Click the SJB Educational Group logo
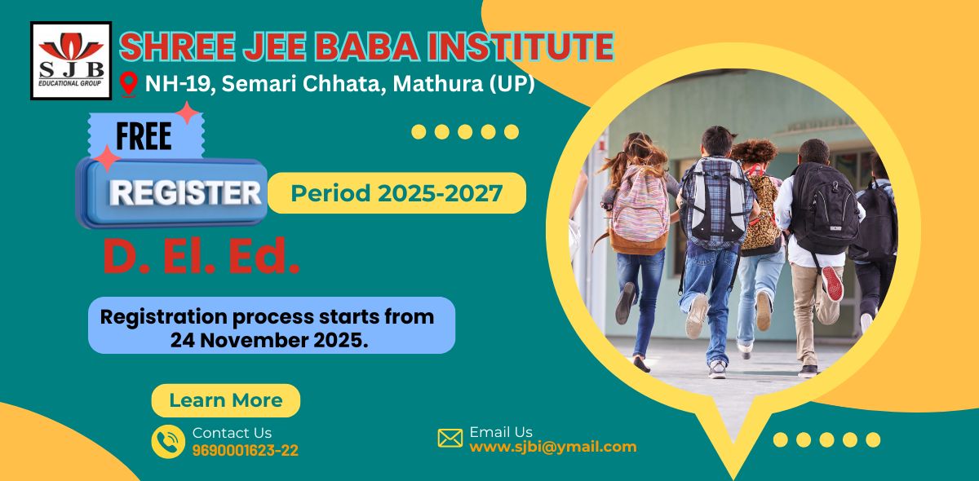tap(71, 60)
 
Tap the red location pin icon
tap(129, 84)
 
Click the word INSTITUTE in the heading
tap(521, 46)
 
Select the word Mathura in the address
tap(437, 83)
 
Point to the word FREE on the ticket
tap(144, 136)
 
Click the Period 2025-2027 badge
tap(396, 193)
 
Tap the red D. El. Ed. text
tap(202, 256)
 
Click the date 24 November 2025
tap(268, 340)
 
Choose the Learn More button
tap(226, 400)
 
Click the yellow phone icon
tap(168, 441)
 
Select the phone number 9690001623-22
tap(246, 450)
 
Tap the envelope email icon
tap(450, 438)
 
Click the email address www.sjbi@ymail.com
tap(553, 447)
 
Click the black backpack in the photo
tap(824, 208)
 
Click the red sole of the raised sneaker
tap(833, 284)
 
